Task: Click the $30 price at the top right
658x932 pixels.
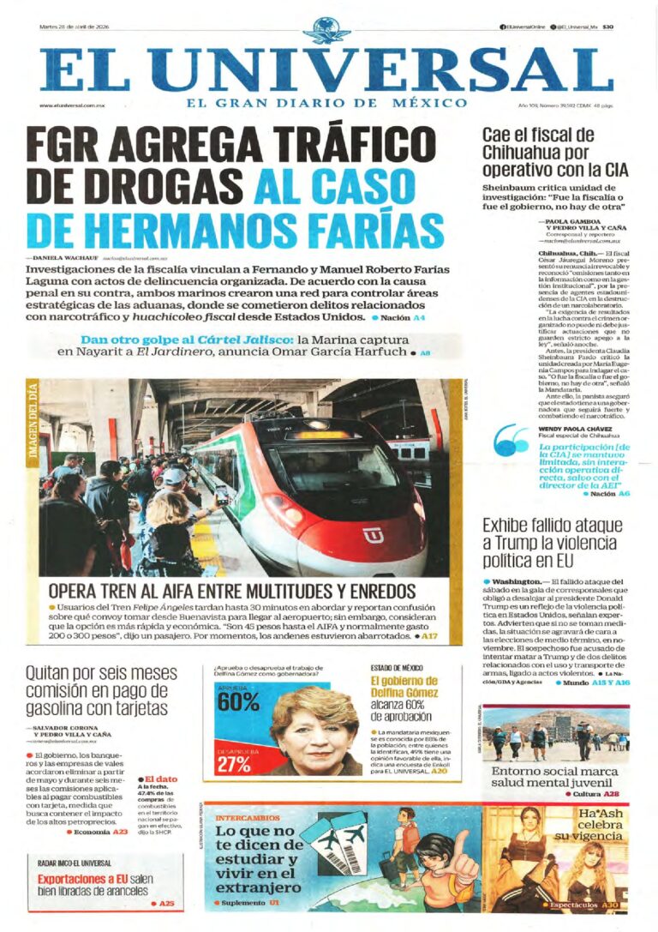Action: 608,27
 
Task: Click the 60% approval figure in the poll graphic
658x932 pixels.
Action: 237,701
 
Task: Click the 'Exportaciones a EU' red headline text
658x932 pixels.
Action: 83,879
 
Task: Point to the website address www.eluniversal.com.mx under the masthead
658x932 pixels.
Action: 72,105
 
